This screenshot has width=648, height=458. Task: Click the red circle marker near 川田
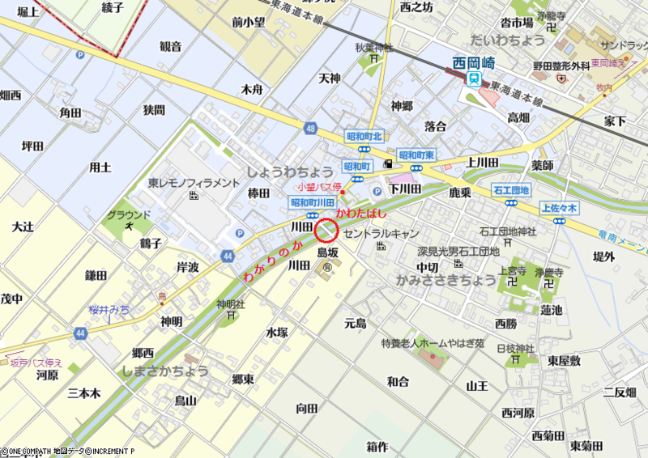pos(326,231)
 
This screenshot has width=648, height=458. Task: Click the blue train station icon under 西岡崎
pos(473,78)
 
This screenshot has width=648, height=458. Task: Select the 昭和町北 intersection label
pos(364,136)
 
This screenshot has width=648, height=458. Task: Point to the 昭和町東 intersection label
pos(416,155)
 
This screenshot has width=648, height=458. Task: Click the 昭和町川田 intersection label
pos(313,202)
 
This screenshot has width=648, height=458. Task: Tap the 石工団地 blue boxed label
pos(511,190)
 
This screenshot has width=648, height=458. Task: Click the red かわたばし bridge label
pos(361,213)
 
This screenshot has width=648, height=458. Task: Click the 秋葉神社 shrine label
pos(373,47)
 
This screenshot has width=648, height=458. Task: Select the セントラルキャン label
pos(378,232)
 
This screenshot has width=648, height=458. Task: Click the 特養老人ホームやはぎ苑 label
pos(433,343)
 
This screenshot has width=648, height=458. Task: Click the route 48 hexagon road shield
pos(311,128)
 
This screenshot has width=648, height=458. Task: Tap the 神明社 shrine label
pos(231,304)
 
